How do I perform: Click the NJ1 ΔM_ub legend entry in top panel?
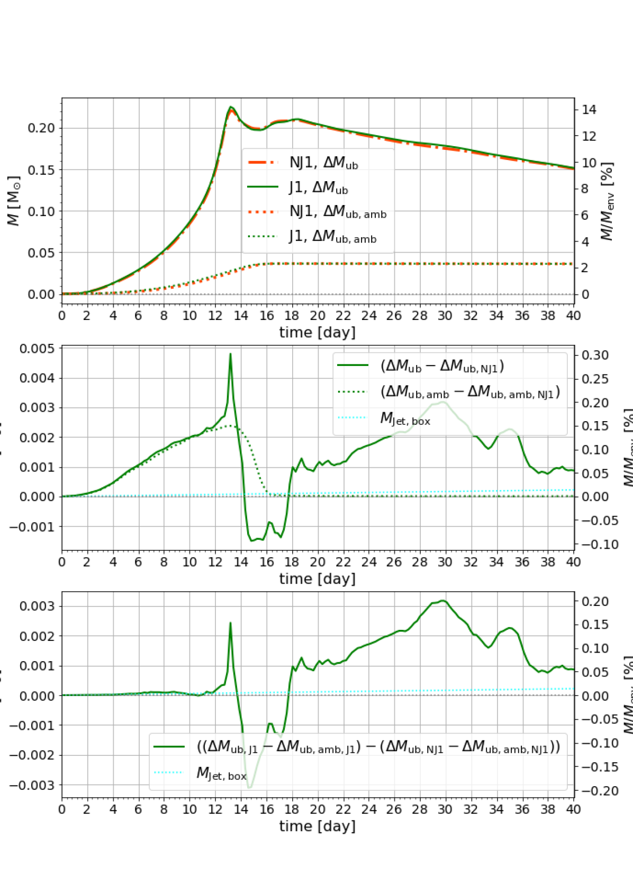[323, 163]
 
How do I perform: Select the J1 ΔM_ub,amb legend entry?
[332, 237]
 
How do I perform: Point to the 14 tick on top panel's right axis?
[589, 110]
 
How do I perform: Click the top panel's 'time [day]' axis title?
[317, 333]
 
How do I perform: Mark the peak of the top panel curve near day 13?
[230, 107]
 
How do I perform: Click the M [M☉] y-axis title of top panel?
[14, 201]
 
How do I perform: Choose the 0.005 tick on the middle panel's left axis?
[37, 349]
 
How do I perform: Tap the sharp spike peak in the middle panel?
[230, 353]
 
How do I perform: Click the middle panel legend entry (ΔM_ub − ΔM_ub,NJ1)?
[442, 366]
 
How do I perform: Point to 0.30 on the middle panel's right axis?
[595, 355]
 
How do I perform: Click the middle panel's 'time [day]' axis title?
[317, 579]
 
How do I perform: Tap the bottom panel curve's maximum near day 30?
[443, 601]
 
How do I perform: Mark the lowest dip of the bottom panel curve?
[249, 788]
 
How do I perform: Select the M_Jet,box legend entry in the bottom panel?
[221, 774]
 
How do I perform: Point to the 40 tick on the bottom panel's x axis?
[574, 809]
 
